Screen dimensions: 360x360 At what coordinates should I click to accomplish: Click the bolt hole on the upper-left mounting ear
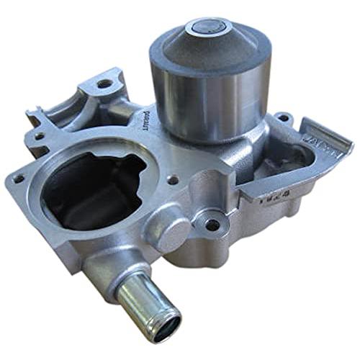[x=106, y=84]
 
